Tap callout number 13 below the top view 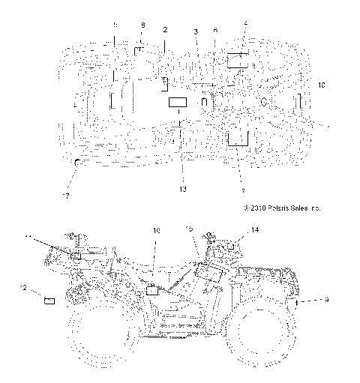click(x=182, y=190)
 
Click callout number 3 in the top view click(x=196, y=31)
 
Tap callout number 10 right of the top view click(x=322, y=86)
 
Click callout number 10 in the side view click(x=157, y=232)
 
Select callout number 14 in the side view click(x=255, y=230)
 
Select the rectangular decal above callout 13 click(x=178, y=103)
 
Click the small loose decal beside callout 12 click(x=51, y=300)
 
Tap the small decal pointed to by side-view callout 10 click(x=154, y=289)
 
